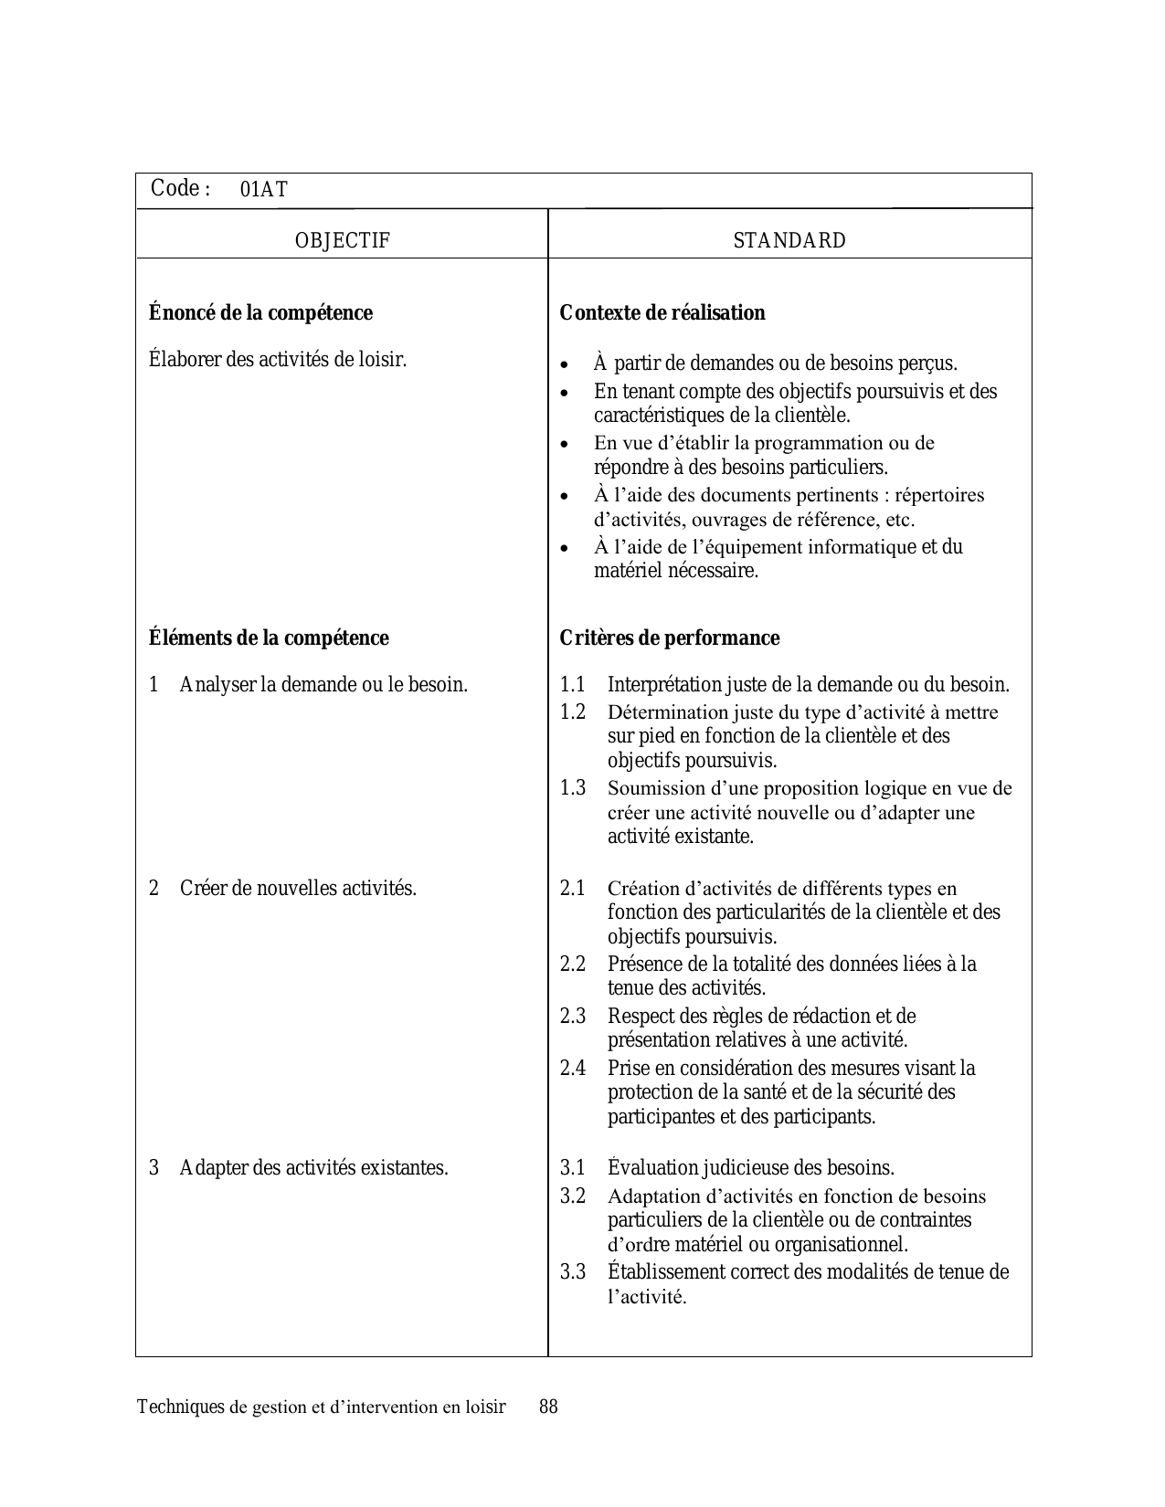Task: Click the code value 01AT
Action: click(263, 190)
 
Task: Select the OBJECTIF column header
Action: click(342, 241)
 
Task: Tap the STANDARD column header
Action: click(789, 241)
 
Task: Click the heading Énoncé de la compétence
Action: click(260, 313)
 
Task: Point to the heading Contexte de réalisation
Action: click(662, 313)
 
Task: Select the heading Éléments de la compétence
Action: click(269, 638)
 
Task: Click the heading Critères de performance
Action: click(670, 638)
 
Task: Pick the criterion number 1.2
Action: click(573, 712)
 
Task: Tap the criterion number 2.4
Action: click(573, 1068)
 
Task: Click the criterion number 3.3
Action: click(573, 1272)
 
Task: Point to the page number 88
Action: click(548, 1407)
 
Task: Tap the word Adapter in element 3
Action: click(212, 1168)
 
